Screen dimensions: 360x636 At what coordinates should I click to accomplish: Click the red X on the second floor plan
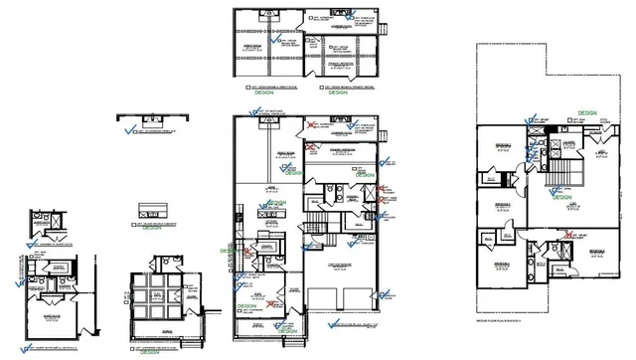(x=571, y=237)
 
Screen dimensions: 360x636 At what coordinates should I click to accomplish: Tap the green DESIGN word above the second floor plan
(x=586, y=114)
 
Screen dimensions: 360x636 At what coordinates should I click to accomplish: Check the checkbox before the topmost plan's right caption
(x=320, y=87)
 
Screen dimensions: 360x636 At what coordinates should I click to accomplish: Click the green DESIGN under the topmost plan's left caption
(x=252, y=94)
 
